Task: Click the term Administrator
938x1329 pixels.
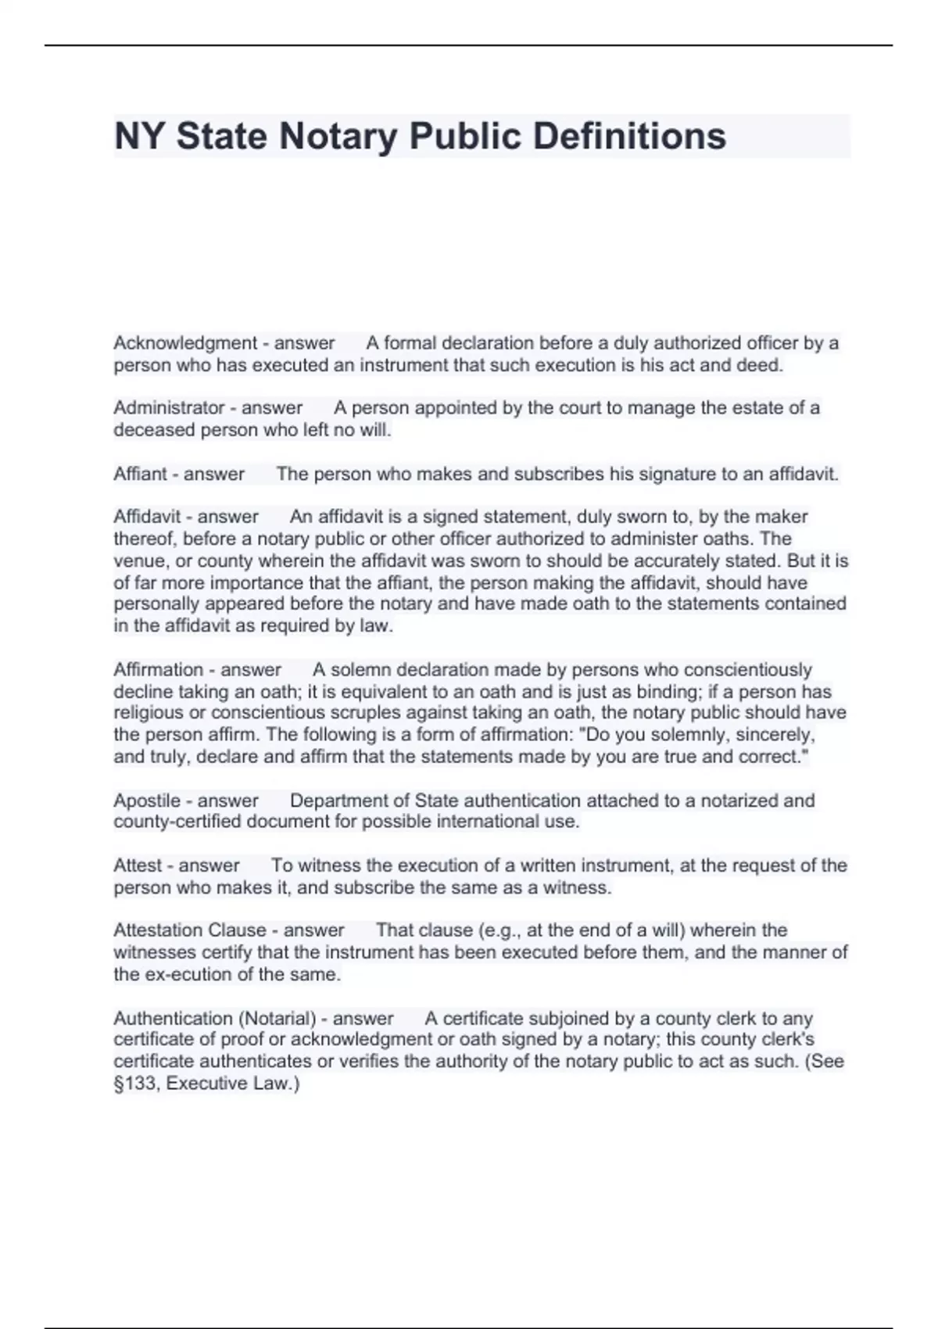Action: point(169,408)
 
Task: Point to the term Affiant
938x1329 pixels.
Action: point(140,474)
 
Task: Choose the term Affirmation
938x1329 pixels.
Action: point(159,670)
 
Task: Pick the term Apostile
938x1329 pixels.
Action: point(147,801)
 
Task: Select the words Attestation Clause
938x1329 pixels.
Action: point(190,930)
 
